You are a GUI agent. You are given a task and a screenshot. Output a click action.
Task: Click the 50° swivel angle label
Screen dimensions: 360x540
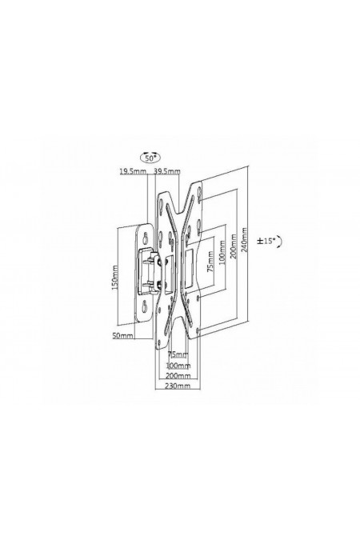tap(150, 158)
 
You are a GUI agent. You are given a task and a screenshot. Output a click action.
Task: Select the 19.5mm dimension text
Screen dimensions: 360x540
tap(133, 171)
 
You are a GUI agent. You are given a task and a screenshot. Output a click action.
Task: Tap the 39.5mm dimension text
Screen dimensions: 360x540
tap(166, 171)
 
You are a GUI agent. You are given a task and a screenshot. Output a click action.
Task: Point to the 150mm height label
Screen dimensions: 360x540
tap(114, 278)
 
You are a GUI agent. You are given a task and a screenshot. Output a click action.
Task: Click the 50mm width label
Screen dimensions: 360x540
tap(123, 335)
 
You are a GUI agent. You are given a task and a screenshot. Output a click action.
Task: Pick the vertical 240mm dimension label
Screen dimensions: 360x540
tap(245, 239)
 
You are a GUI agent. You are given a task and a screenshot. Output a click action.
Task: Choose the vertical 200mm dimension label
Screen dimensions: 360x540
tap(234, 246)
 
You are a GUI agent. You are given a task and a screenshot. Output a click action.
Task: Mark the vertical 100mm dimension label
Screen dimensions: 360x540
tap(222, 252)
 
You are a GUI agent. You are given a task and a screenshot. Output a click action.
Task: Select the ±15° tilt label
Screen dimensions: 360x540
tap(266, 241)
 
